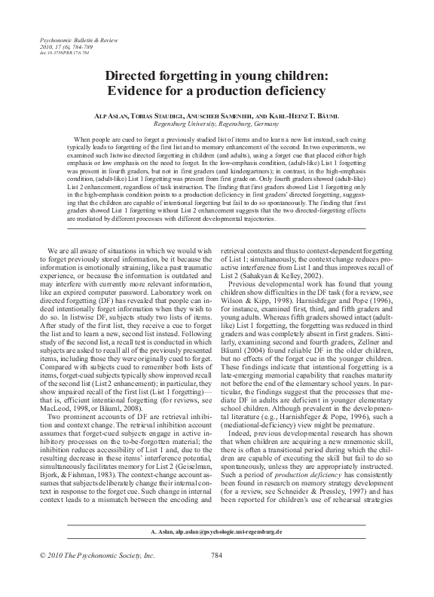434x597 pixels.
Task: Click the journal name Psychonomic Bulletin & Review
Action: [x=70, y=38]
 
